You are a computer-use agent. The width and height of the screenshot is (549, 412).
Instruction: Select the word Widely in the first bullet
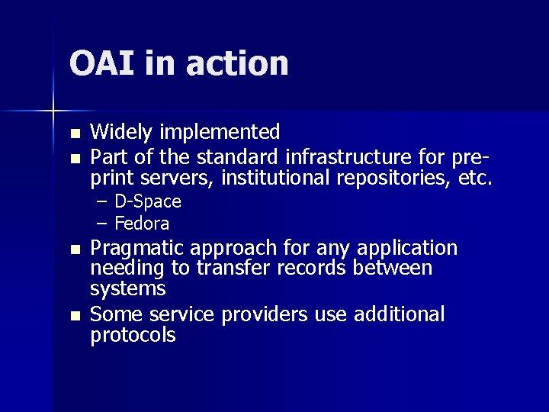coord(117,132)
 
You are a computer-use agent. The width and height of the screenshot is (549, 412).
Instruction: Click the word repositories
coord(393,180)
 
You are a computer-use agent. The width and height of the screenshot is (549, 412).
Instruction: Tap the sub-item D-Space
coord(147,202)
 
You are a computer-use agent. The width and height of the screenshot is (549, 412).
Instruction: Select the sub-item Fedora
coord(141,224)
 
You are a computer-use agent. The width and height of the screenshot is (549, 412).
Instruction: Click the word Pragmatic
coord(139,249)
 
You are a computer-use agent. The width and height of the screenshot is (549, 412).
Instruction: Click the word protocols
coord(133,336)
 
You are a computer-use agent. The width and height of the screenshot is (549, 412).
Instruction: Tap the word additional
coord(400,314)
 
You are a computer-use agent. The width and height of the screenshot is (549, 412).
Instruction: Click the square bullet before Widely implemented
coord(74,134)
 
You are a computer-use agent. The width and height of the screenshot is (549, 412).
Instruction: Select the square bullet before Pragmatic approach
coord(74,250)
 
